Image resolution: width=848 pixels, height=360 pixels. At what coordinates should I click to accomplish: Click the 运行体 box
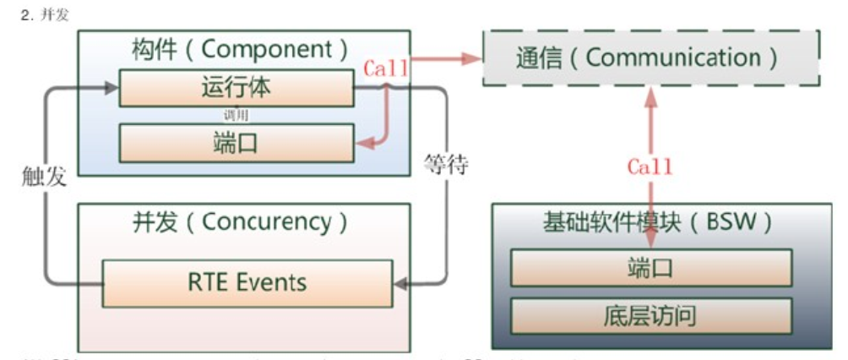(236, 89)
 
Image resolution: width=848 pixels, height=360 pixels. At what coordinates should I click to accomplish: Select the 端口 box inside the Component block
(236, 142)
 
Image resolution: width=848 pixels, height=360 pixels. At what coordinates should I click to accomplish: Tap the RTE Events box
(247, 281)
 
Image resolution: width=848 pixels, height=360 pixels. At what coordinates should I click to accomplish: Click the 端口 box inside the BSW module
(650, 269)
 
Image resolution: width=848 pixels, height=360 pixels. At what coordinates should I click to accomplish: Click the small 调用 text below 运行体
(236, 115)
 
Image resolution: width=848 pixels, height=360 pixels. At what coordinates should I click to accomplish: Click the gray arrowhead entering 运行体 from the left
(111, 87)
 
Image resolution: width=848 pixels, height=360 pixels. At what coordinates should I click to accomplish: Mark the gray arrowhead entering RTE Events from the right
(401, 285)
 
